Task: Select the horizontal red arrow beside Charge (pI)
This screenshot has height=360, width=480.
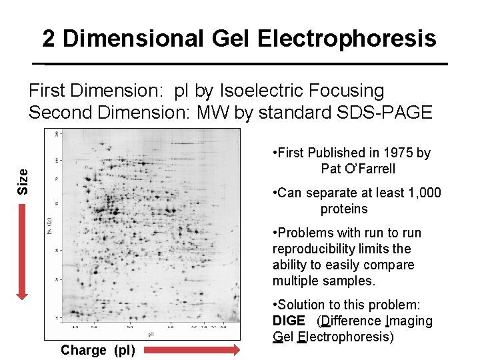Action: (193, 349)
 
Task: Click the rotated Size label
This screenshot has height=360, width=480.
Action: (23, 181)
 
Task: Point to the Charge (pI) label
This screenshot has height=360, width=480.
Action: (97, 350)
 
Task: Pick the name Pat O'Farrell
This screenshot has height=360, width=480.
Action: (358, 169)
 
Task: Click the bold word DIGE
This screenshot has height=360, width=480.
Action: (289, 321)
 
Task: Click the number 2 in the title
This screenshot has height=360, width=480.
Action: (49, 39)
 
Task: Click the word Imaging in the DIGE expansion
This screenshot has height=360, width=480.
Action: (409, 321)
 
